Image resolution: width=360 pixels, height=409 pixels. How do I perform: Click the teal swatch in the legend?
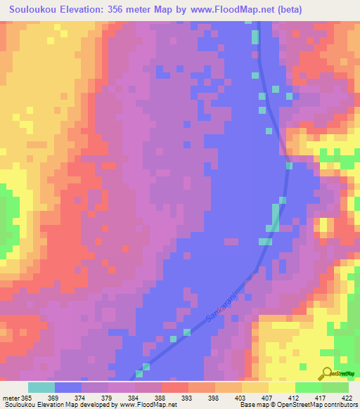click(x=41, y=387)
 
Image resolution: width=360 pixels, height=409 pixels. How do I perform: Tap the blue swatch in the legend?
click(x=68, y=387)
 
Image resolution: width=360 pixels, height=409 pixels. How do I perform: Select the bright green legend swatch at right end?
click(x=335, y=387)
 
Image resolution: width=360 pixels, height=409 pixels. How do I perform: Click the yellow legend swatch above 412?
click(x=282, y=387)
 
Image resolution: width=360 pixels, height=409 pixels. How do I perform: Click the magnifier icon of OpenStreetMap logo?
click(x=326, y=372)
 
